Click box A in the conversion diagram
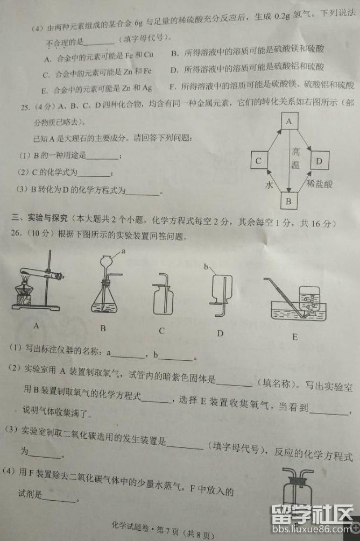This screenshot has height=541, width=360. pyautogui.click(x=289, y=121)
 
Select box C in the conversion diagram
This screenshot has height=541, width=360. pyautogui.click(x=259, y=161)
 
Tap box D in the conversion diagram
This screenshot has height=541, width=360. pyautogui.click(x=319, y=160)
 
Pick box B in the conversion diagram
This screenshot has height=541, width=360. pyautogui.click(x=289, y=201)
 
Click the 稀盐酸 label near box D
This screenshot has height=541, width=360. pyautogui.click(x=320, y=184)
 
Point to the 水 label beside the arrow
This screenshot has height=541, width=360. pyautogui.click(x=269, y=185)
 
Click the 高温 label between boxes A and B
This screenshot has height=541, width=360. pyautogui.click(x=295, y=158)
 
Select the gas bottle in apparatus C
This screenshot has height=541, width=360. pyautogui.click(x=163, y=298)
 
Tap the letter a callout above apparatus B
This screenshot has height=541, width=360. pyautogui.click(x=123, y=252)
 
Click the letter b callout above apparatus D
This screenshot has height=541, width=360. pyautogui.click(x=206, y=266)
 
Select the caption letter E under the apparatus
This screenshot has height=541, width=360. pyautogui.click(x=295, y=337)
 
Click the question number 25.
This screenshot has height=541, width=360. pyautogui.click(x=25, y=107)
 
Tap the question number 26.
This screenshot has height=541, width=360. pyautogui.click(x=16, y=233)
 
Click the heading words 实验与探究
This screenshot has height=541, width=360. pyautogui.click(x=48, y=217)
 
